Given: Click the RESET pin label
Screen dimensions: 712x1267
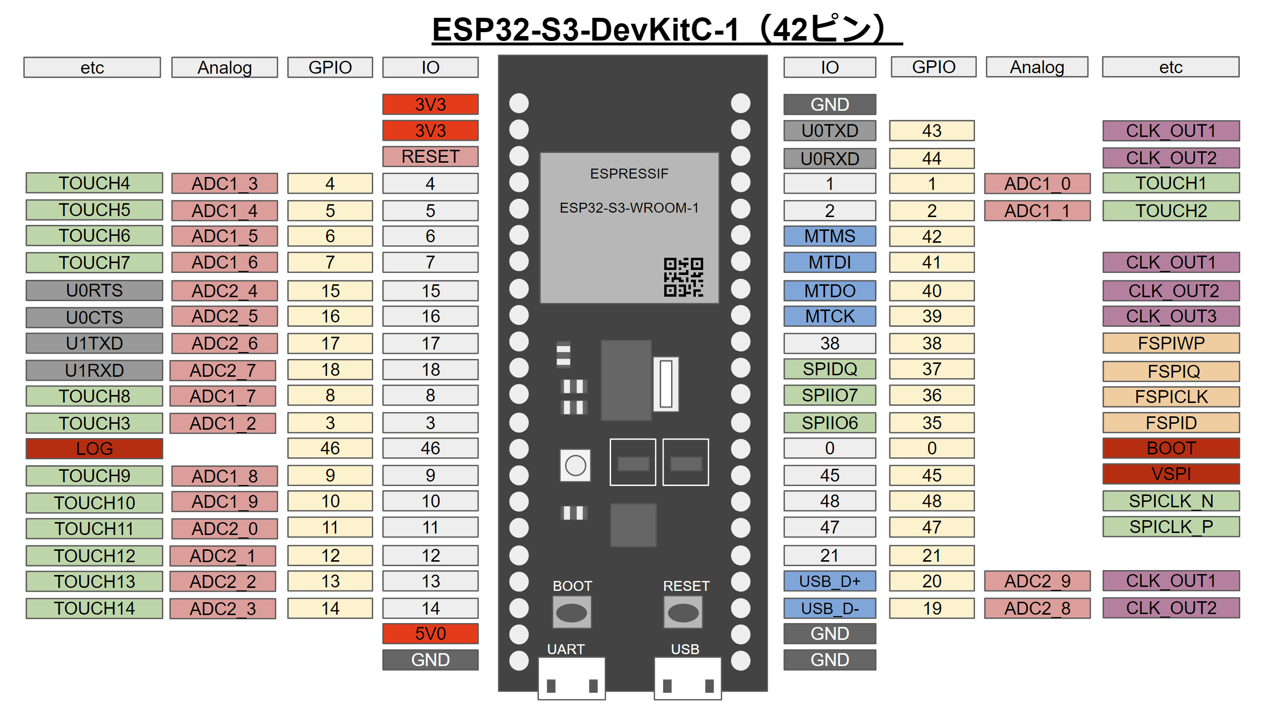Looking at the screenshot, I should coord(430,156).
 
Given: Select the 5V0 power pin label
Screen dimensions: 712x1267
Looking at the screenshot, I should coord(430,633).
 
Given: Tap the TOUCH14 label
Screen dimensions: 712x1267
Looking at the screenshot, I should coord(94,608).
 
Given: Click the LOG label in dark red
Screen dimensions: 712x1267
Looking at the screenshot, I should coord(94,448).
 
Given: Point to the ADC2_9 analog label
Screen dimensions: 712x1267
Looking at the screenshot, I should coord(1037,581).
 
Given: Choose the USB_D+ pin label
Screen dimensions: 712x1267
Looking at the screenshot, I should coord(829,581).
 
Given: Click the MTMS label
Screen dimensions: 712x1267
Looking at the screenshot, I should coord(829,236).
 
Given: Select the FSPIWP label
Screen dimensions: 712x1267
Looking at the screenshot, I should coord(1170,343).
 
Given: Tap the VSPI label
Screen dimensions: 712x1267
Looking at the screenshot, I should coord(1170,474).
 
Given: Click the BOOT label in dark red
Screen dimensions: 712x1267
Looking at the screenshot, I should coord(1170,448).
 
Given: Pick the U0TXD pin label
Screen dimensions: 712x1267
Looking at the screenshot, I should coord(829,131).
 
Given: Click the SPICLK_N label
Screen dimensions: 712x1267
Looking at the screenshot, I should coord(1170,501).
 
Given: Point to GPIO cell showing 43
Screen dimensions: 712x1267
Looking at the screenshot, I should coord(931,131).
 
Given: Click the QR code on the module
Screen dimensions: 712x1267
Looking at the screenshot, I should coord(683,277).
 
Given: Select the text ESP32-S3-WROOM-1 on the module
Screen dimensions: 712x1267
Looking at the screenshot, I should coord(629,208).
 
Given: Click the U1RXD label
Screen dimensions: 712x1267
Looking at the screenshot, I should coord(94,370).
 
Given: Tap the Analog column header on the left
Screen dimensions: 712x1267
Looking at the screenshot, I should coord(224,67).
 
